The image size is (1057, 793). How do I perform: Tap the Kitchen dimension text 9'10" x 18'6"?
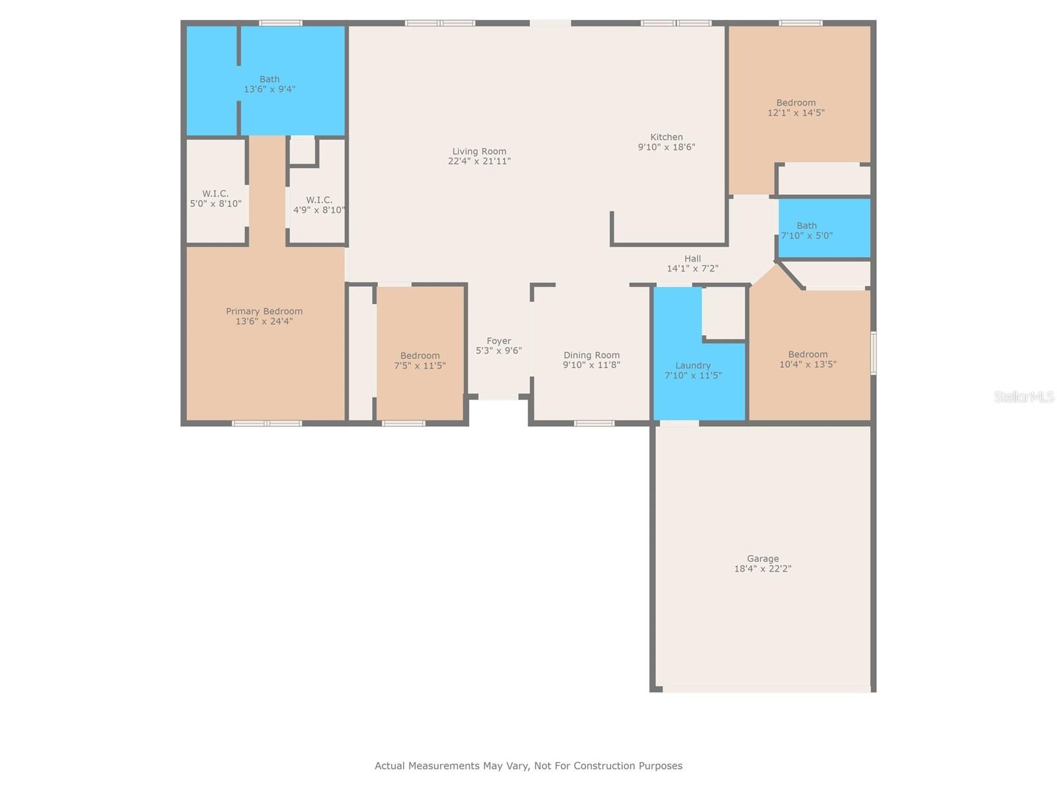coord(667,147)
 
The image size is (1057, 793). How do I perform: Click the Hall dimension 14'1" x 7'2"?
coord(692,268)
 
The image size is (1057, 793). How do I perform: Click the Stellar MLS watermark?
coord(1024,397)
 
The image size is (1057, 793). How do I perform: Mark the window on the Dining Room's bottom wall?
coord(594,423)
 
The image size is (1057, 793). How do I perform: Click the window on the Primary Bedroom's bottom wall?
coord(267,423)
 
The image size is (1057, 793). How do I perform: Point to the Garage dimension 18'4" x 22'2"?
coord(763,568)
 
